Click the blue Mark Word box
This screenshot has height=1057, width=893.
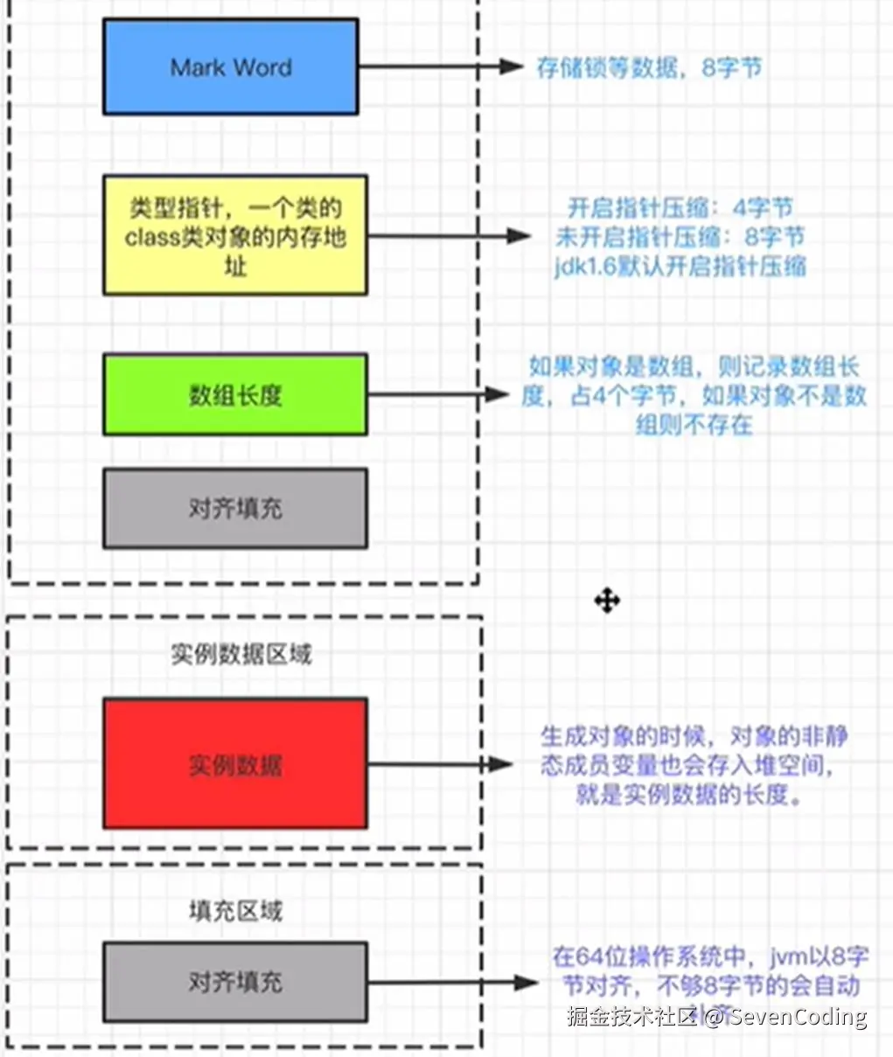click(230, 67)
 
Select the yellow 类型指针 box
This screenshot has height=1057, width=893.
click(234, 235)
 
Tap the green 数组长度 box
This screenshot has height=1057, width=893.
click(234, 394)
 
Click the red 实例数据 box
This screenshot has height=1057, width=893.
click(234, 763)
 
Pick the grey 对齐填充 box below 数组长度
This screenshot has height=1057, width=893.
click(234, 508)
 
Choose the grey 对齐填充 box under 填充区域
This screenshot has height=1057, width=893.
click(234, 981)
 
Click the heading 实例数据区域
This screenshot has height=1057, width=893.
click(241, 654)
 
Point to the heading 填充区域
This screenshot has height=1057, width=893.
click(235, 911)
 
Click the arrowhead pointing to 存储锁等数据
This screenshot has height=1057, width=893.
click(511, 66)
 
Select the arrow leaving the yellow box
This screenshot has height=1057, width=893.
click(446, 235)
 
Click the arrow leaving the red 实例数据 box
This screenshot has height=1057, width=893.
click(437, 764)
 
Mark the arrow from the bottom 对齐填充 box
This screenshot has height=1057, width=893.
click(450, 983)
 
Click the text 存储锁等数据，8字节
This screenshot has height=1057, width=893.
click(648, 67)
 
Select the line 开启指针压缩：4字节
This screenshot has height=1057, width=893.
click(680, 208)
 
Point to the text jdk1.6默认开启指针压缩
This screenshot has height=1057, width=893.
click(680, 266)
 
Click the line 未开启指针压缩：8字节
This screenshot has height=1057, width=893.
click(680, 237)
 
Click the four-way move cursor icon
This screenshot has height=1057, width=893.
click(607, 601)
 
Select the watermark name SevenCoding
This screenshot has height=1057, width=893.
click(798, 1016)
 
